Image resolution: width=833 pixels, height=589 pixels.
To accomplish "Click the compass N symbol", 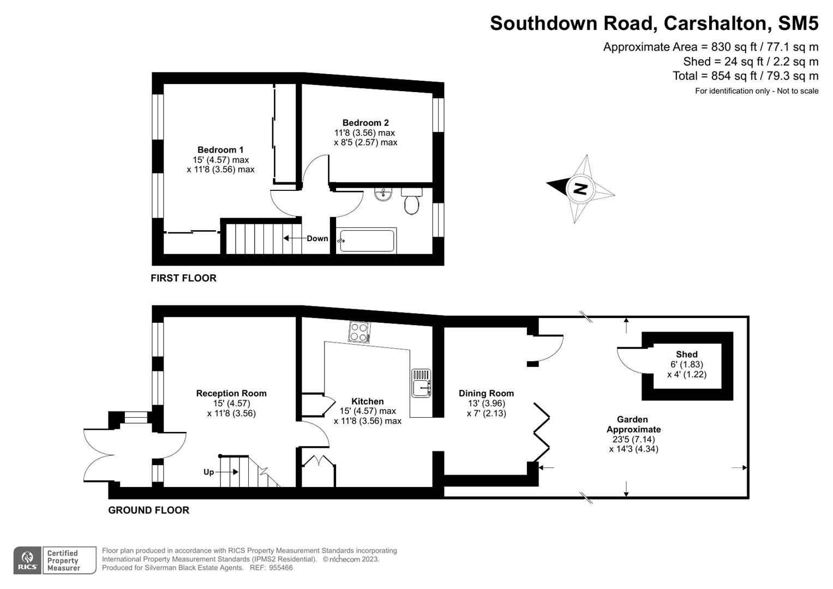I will pyautogui.click(x=580, y=189).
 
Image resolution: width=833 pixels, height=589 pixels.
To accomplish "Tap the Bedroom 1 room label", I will pyautogui.click(x=220, y=150).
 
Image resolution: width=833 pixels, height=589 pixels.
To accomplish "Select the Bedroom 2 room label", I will pyautogui.click(x=365, y=123).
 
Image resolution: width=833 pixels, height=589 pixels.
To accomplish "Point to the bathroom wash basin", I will pyautogui.click(x=384, y=194).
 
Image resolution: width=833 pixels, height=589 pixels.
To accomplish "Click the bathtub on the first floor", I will pyautogui.click(x=367, y=241).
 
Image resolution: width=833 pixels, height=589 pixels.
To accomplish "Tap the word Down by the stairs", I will pyautogui.click(x=317, y=238).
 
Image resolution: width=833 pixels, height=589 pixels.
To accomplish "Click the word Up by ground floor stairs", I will pyautogui.click(x=208, y=472).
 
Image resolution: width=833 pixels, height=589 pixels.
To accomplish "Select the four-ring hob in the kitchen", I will pyautogui.click(x=359, y=332).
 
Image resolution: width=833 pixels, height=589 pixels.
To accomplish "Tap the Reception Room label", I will pyautogui.click(x=231, y=393).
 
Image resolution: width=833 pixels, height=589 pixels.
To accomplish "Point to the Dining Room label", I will pyautogui.click(x=486, y=393).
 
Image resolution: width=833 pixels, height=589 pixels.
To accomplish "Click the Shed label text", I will pyautogui.click(x=687, y=354).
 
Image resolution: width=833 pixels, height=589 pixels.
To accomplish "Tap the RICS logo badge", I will pyautogui.click(x=27, y=561).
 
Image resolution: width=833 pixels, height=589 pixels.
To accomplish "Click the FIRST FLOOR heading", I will pyautogui.click(x=183, y=278).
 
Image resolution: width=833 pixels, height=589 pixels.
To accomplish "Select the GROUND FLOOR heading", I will pyautogui.click(x=148, y=510).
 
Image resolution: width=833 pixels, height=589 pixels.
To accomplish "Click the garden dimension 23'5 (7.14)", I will pyautogui.click(x=633, y=439).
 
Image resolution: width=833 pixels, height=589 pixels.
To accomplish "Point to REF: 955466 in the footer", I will pyautogui.click(x=271, y=568).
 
